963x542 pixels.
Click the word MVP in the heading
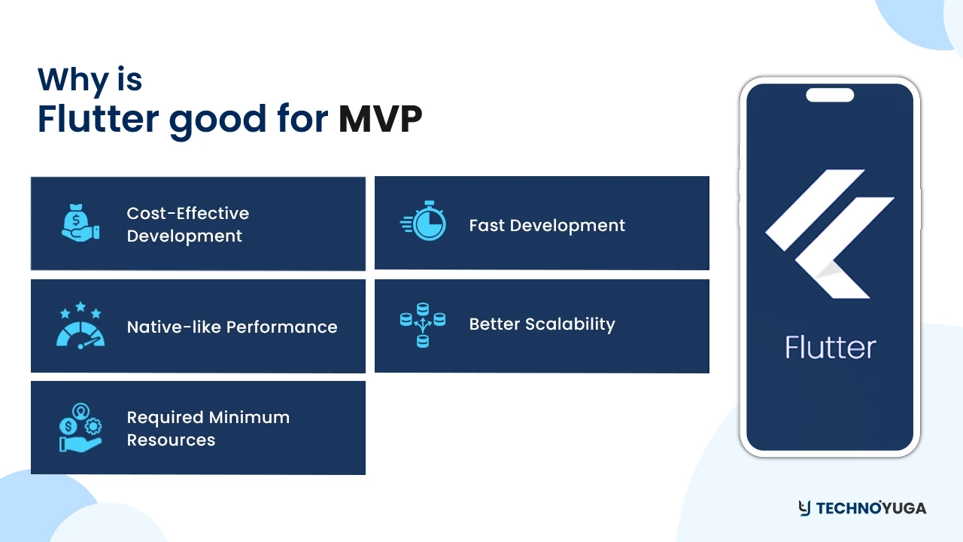pyautogui.click(x=380, y=120)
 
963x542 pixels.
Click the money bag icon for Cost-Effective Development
pyautogui.click(x=80, y=223)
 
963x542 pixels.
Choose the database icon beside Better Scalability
pyautogui.click(x=423, y=324)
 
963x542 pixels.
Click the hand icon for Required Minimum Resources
pyautogui.click(x=80, y=428)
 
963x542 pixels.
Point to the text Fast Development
pyautogui.click(x=547, y=225)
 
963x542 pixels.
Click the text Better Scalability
pyautogui.click(x=542, y=324)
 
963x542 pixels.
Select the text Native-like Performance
pyautogui.click(x=232, y=327)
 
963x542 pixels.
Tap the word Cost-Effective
pyautogui.click(x=187, y=213)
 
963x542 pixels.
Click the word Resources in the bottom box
pyautogui.click(x=171, y=440)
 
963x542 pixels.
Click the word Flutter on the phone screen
pyautogui.click(x=830, y=348)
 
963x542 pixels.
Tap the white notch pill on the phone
pyautogui.click(x=830, y=95)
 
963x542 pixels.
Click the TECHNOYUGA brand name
pyautogui.click(x=871, y=508)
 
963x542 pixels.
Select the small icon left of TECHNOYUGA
pyautogui.click(x=804, y=508)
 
